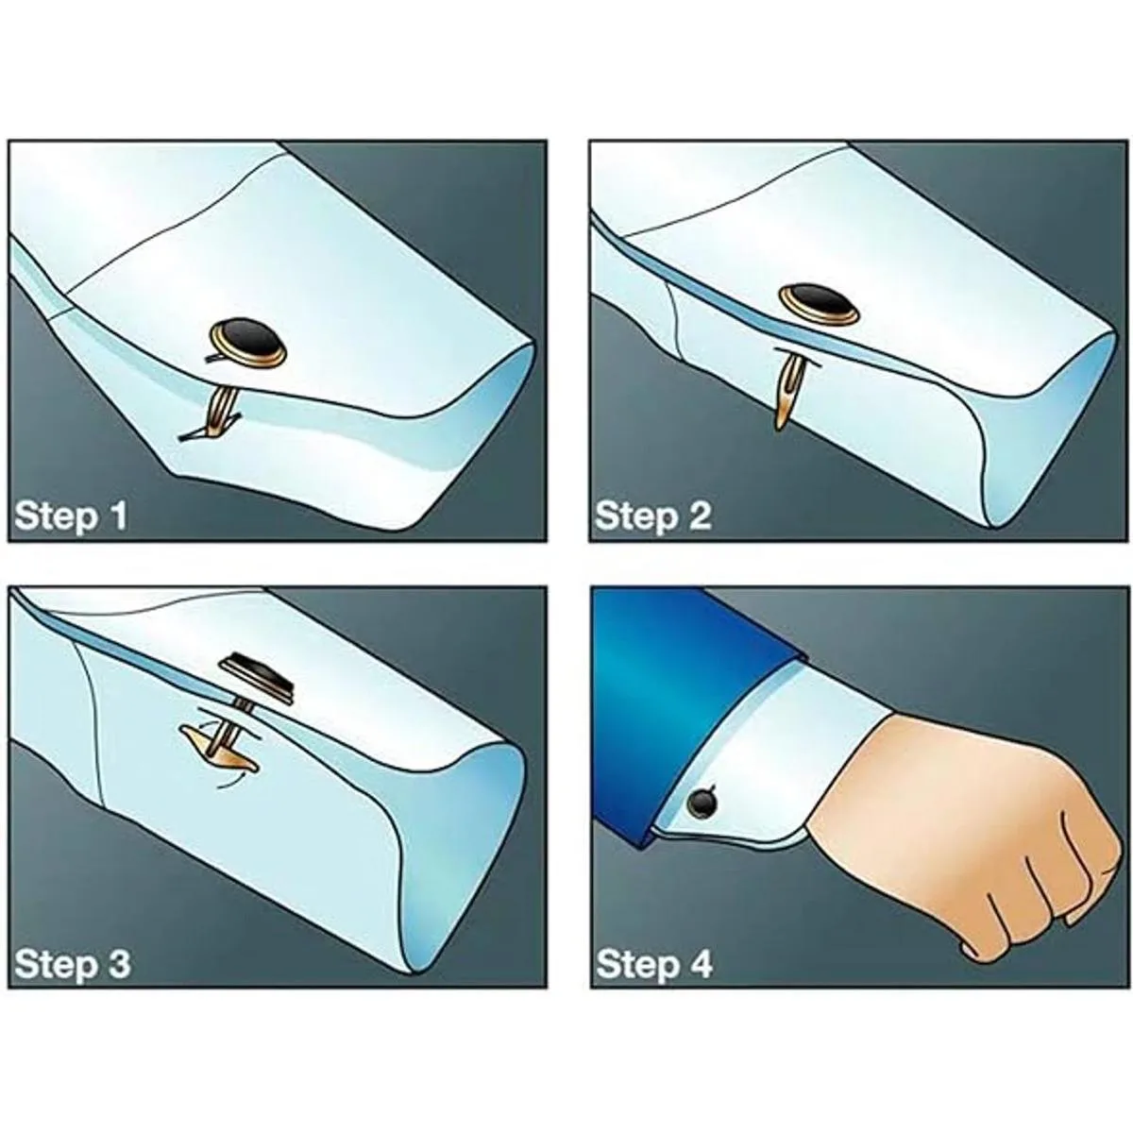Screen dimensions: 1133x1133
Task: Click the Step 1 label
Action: coord(71,516)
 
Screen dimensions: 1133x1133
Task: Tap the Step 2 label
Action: coord(652,516)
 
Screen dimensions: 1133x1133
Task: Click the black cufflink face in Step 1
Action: coord(249,343)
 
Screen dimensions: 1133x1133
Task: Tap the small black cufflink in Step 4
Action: coord(703,803)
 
